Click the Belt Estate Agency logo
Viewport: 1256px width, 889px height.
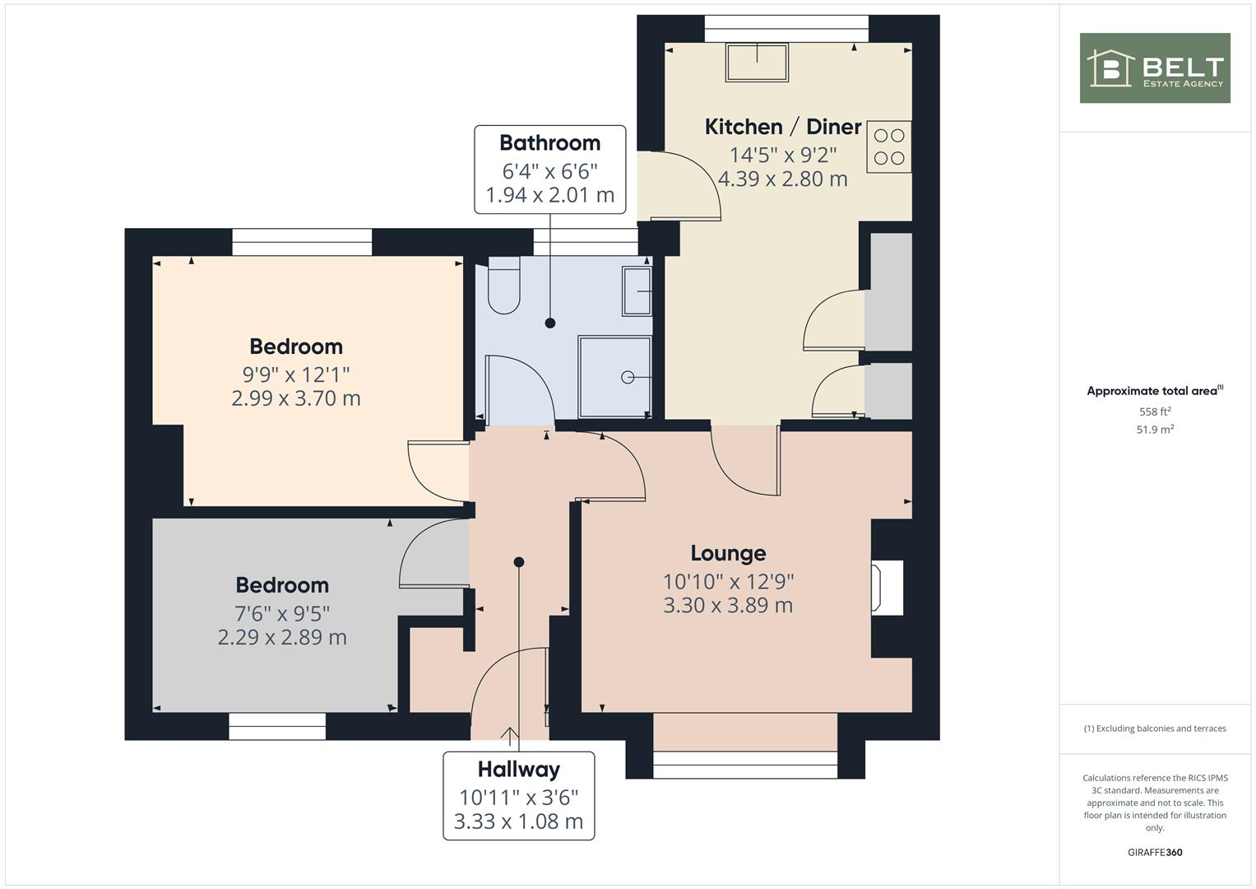point(1154,68)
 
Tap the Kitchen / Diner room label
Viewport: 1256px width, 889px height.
point(782,127)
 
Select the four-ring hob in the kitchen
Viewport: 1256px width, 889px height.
point(888,147)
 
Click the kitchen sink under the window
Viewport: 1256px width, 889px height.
point(757,63)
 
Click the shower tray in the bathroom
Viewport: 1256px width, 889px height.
point(614,376)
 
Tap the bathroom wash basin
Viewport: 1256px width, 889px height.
point(637,291)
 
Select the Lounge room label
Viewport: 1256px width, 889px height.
point(728,553)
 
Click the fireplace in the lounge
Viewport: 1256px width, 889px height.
point(888,587)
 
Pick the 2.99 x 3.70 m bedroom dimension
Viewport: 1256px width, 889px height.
point(296,398)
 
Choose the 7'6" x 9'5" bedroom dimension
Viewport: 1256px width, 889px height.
point(282,613)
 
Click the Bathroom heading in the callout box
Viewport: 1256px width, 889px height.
point(549,143)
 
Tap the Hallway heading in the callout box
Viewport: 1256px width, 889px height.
point(518,770)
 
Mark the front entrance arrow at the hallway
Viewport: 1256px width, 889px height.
point(509,733)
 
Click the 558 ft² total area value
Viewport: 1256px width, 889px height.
point(1154,412)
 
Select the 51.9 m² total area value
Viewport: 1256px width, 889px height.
point(1154,430)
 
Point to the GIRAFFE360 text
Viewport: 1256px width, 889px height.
point(1154,852)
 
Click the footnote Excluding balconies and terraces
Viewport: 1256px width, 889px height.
point(1154,728)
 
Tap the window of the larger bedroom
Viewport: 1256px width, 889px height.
point(302,242)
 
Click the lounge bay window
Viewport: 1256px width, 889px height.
point(745,770)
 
